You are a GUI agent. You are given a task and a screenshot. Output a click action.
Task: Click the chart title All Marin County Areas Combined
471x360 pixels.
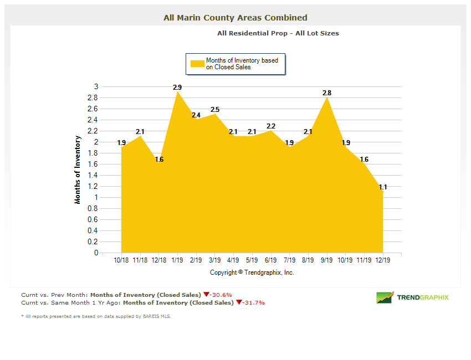coord(235,18)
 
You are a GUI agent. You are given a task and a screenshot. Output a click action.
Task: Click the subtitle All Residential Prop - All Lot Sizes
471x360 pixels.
coord(278,33)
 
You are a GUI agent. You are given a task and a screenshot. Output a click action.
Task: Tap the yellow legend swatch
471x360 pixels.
coord(197,64)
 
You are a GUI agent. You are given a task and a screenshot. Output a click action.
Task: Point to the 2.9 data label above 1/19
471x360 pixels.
coord(177,88)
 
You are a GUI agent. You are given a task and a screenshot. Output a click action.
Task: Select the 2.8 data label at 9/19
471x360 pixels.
coord(327,93)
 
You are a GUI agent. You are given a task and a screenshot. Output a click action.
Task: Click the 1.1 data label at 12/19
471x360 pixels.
coord(383,187)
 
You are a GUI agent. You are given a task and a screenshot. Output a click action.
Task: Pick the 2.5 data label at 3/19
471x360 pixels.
coord(215,110)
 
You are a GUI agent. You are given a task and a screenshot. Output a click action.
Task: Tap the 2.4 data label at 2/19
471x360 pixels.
coord(196,115)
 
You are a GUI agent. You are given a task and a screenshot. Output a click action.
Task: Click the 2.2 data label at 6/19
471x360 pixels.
coord(271,126)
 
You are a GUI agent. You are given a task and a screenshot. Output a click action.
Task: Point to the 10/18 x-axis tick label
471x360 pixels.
coord(121,260)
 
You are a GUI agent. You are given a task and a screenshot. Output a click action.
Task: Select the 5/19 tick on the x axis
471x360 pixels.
coord(252,260)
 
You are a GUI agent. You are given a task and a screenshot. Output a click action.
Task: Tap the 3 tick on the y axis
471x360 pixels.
coord(96,86)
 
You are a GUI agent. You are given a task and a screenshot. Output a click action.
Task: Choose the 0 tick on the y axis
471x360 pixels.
coord(96,253)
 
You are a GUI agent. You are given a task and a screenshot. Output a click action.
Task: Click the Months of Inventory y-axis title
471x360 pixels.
coord(78,169)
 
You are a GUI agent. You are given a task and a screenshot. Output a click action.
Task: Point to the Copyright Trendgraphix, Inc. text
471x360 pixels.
coord(252,272)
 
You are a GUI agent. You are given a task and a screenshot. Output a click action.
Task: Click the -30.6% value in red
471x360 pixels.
coord(221,295)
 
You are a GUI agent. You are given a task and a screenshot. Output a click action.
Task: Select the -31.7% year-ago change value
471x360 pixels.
coord(253,303)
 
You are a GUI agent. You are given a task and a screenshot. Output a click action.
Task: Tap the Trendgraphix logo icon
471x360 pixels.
coord(385,297)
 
